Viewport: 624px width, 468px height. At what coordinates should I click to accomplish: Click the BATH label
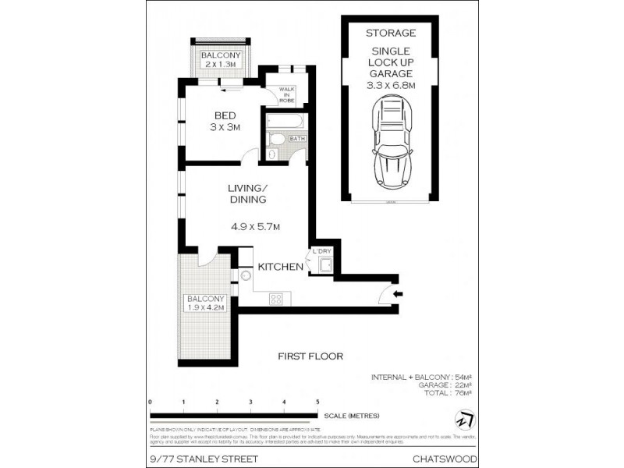click(x=297, y=139)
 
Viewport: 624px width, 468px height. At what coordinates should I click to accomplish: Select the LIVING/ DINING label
click(x=248, y=194)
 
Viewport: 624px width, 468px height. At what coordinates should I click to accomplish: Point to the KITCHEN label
click(x=281, y=267)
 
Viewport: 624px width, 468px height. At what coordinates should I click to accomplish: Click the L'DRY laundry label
click(x=321, y=251)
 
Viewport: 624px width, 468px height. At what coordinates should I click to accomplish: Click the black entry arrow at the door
click(x=398, y=294)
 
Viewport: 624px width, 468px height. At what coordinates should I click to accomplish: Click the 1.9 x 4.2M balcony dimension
click(x=205, y=307)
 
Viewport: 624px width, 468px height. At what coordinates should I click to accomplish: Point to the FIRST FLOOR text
click(x=310, y=356)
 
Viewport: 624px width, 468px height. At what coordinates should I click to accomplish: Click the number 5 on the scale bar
click(x=317, y=402)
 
